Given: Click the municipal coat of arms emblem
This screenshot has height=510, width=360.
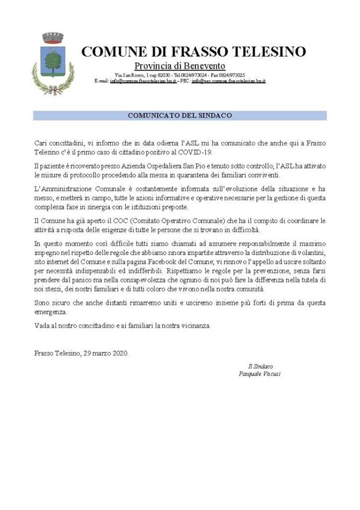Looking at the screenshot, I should (x=53, y=64).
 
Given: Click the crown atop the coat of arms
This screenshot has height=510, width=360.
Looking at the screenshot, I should (x=53, y=37).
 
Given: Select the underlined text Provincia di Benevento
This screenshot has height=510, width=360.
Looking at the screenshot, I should (x=180, y=65).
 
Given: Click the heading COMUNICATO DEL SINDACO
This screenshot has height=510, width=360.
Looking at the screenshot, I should (x=179, y=115).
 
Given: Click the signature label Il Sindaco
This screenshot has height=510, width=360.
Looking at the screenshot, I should (x=260, y=367).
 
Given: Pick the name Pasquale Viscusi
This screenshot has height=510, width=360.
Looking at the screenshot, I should (x=260, y=374).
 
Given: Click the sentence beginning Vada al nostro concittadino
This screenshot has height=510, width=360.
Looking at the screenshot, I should (x=122, y=326).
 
